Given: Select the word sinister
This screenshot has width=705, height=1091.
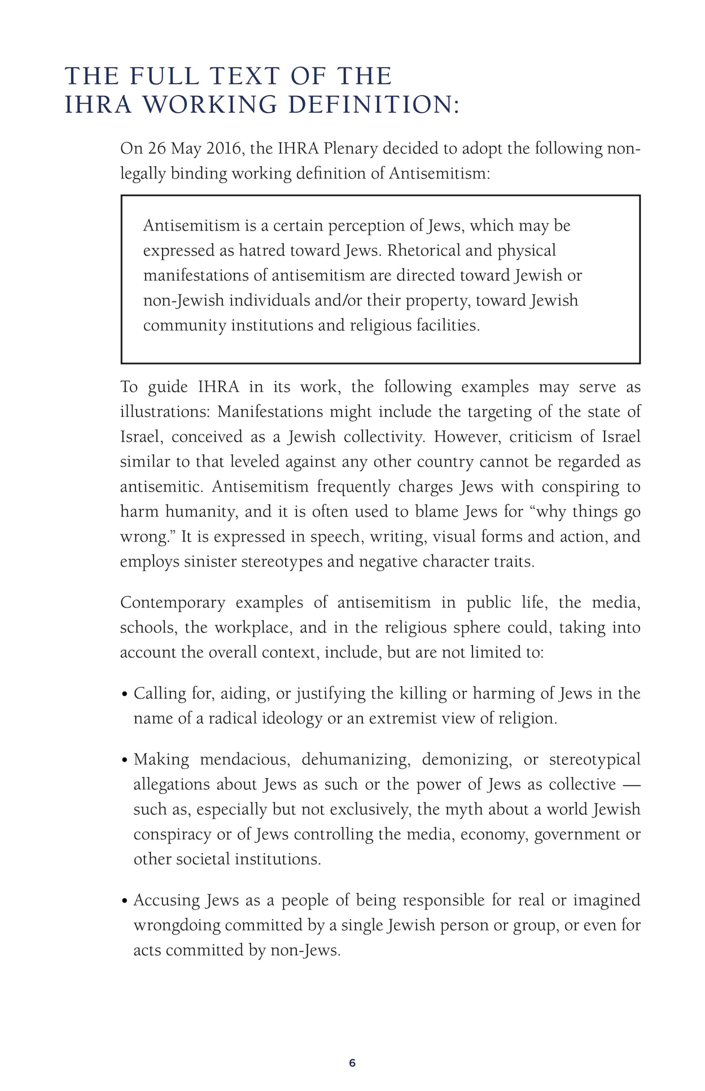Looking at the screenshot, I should [x=209, y=561].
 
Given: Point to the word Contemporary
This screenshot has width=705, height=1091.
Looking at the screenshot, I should [x=172, y=603].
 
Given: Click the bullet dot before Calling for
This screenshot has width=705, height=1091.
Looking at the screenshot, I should [x=125, y=695].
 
